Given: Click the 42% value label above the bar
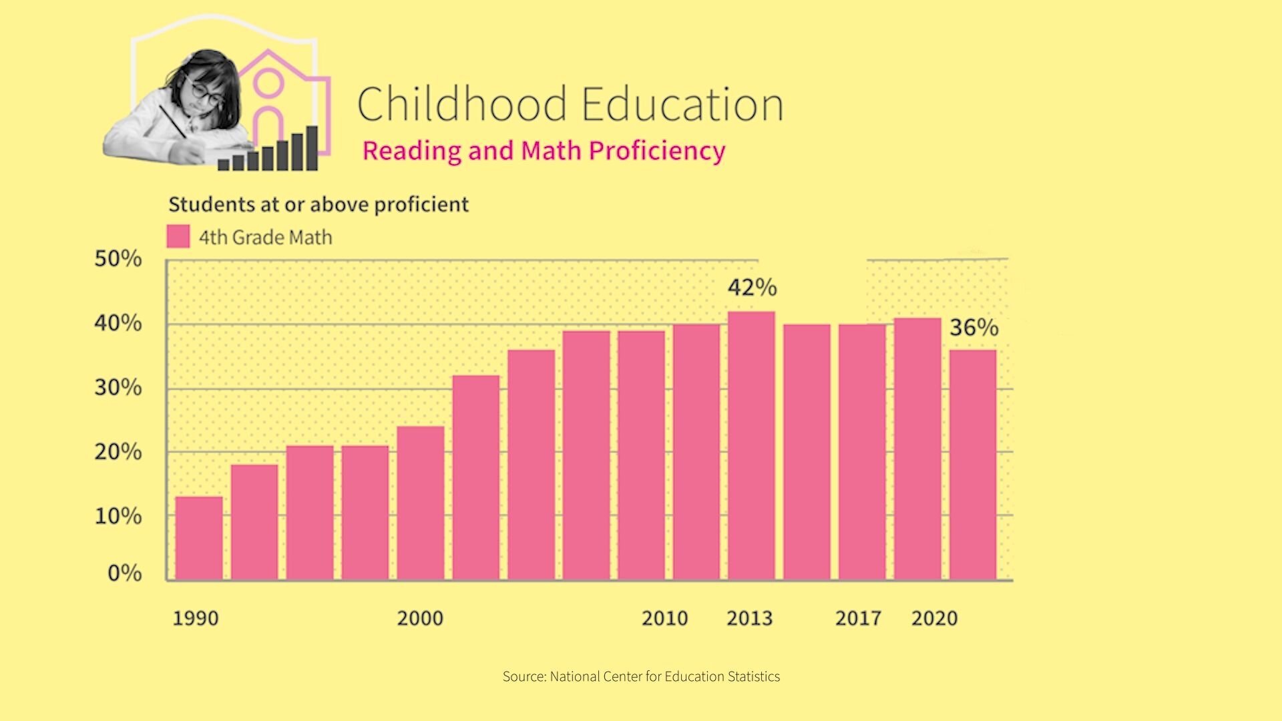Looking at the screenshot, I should coord(752,287).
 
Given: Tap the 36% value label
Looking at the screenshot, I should coord(974,327).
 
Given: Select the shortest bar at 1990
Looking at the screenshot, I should coord(199,537).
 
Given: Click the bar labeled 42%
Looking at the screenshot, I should coord(751,445).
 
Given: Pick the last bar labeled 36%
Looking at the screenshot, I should coord(973,465).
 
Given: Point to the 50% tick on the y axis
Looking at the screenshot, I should coord(118,259).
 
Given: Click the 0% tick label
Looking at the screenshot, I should coord(124,573).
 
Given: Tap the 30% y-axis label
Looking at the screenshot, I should coord(118,387).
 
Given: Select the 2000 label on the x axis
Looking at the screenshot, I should coord(420,618).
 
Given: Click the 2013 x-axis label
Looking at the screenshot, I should coord(749,618).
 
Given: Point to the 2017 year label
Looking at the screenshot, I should coord(858,618).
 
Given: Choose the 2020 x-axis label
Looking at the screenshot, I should coord(934,618).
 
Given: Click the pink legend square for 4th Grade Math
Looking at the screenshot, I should coord(178,236).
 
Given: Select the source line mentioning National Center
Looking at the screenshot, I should coord(641,676).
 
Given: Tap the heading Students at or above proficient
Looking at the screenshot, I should coord(318,204).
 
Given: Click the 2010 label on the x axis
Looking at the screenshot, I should coord(664,618).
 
